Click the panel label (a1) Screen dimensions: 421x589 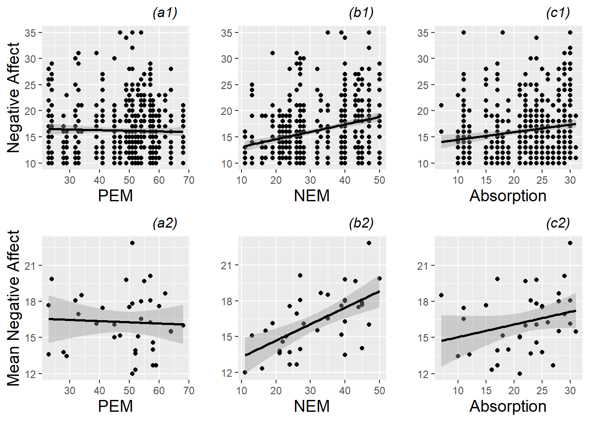(165, 13)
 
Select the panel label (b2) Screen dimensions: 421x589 (361, 223)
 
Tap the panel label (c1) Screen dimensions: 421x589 (557, 13)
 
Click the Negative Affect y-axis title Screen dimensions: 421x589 (14, 97)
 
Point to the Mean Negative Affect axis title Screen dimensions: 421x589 (14, 308)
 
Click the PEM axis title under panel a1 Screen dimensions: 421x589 (115, 196)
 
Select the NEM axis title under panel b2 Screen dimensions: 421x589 (312, 406)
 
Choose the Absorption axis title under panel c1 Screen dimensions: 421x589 (508, 196)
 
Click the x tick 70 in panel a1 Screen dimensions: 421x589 (188, 180)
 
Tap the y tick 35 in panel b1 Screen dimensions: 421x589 (227, 33)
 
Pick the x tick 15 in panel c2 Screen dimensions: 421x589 (486, 391)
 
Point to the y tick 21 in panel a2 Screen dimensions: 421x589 (31, 266)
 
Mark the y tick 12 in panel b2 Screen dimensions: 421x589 (227, 373)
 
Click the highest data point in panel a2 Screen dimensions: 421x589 (132, 243)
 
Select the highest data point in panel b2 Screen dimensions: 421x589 (369, 243)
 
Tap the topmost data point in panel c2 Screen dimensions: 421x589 (570, 243)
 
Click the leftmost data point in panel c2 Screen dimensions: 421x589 (441, 295)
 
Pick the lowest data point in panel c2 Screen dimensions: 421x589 (520, 374)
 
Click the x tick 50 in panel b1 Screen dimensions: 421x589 (380, 180)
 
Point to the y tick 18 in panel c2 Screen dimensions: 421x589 (423, 302)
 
